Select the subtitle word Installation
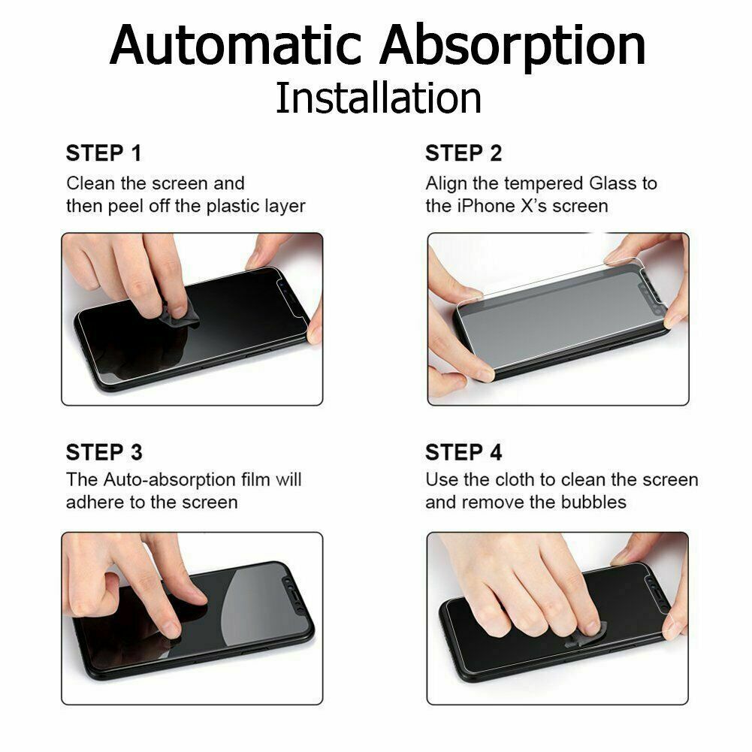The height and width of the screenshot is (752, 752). point(378,98)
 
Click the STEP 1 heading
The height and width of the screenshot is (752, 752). point(104,153)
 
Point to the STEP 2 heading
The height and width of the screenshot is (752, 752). point(464,153)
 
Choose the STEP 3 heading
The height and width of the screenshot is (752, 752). point(104,452)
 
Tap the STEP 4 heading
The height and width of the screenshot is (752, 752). point(464,452)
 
